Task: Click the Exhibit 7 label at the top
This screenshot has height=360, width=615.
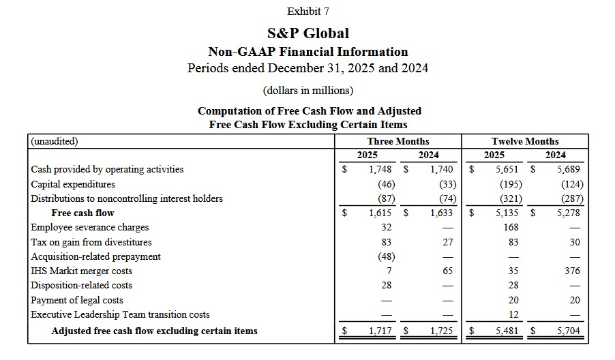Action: click(x=307, y=11)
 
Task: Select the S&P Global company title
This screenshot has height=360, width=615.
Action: click(x=307, y=33)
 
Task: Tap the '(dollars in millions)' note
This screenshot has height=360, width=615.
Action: click(x=307, y=90)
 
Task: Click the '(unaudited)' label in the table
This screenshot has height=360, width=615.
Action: click(x=55, y=142)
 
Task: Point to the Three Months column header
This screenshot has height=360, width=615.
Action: click(x=398, y=141)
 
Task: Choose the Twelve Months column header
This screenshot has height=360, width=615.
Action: click(x=524, y=141)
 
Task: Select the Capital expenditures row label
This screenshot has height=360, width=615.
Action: click(x=73, y=184)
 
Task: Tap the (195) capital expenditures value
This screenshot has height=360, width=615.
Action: click(x=510, y=184)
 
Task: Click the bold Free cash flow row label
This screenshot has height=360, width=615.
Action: click(x=82, y=213)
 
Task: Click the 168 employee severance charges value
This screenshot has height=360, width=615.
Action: click(x=513, y=228)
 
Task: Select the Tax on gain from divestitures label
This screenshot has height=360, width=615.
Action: click(x=91, y=242)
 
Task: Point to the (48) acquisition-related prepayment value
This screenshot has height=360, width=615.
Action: click(x=387, y=256)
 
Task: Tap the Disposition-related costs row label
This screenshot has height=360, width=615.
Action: click(x=81, y=286)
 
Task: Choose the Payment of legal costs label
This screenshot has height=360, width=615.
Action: click(x=77, y=300)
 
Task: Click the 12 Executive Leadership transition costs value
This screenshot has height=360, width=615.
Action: click(x=513, y=314)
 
